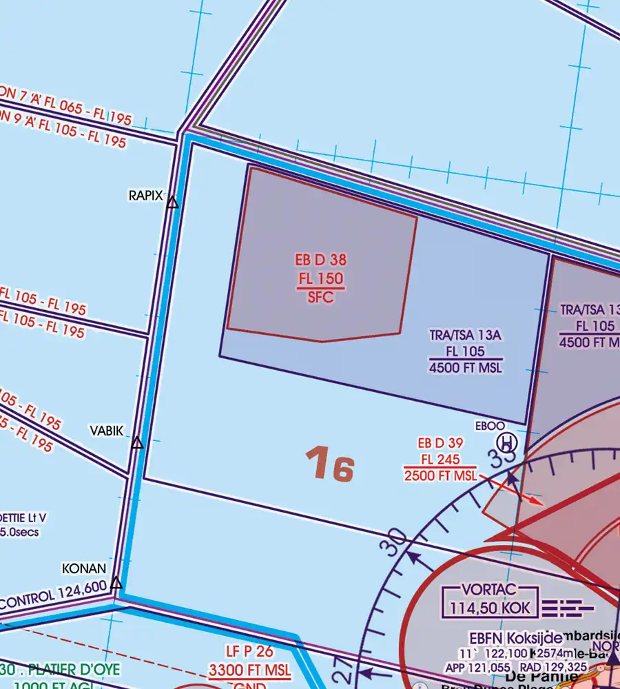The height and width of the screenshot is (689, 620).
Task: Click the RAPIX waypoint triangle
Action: (x=172, y=203)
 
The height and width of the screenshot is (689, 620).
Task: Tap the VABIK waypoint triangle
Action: (x=137, y=443)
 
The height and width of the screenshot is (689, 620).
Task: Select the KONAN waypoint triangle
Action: (x=116, y=583)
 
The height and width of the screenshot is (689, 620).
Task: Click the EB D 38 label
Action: (x=320, y=260)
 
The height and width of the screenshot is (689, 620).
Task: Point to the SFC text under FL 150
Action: (x=320, y=296)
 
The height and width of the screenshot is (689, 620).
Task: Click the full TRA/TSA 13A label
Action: (x=466, y=336)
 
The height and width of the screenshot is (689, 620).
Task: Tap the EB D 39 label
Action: (x=440, y=443)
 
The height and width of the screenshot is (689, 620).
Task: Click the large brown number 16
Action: (x=331, y=464)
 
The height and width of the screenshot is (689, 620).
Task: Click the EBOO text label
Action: (x=490, y=426)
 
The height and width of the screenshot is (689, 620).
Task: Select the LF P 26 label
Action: (x=249, y=651)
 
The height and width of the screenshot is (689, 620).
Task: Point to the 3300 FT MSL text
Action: (x=249, y=669)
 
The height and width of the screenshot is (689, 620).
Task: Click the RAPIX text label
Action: (x=145, y=196)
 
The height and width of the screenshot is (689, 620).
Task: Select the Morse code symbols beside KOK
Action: (x=568, y=608)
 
